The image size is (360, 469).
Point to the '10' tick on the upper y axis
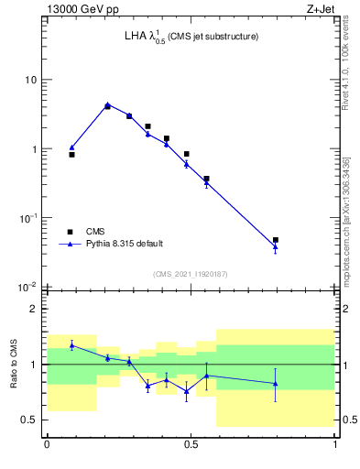[29, 80]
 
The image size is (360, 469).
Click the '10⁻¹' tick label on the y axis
[27, 217]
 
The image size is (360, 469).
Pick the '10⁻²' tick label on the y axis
[27, 287]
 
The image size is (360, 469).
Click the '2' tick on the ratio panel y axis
[33, 309]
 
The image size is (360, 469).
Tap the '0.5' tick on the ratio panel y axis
[28, 420]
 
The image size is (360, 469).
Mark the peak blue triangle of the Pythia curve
[107, 104]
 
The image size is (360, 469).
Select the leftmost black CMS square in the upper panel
[71, 155]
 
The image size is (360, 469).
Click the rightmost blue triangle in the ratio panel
[276, 384]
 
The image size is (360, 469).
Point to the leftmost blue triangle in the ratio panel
[71, 345]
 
